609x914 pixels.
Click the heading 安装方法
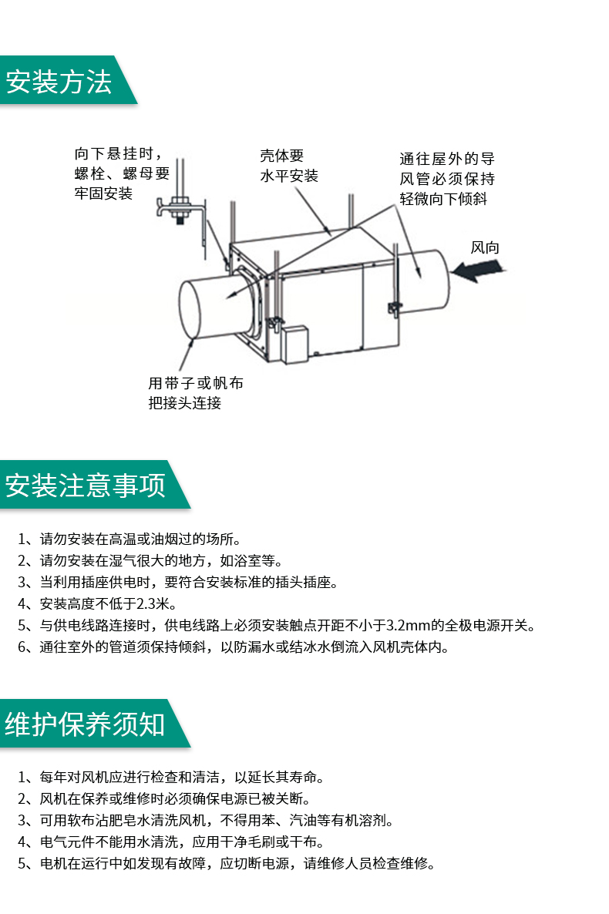point(59,81)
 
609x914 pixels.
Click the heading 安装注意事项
point(85,485)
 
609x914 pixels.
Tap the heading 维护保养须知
point(85,724)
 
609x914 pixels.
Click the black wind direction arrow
point(478,269)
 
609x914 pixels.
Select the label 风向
point(485,247)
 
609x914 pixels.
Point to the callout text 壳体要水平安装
point(289,166)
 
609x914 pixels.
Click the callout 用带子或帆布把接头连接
point(195,393)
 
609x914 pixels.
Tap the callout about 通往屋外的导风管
point(447,178)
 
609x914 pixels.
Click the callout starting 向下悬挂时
point(122,173)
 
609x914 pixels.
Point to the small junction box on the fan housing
point(294,344)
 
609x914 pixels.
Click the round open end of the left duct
point(189,309)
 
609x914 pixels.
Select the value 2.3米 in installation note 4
point(153,604)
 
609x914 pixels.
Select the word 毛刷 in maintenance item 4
point(261,842)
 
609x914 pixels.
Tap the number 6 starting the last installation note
point(21,647)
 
